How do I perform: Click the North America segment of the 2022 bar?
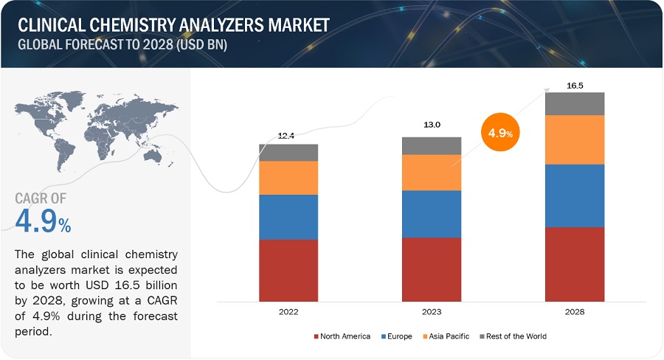pyautogui.click(x=288, y=271)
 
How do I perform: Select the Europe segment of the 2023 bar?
pyautogui.click(x=432, y=214)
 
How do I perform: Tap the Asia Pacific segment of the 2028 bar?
pyautogui.click(x=575, y=139)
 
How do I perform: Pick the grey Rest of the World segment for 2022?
pyautogui.click(x=288, y=153)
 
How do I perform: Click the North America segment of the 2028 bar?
pyautogui.click(x=575, y=264)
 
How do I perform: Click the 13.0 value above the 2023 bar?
pyautogui.click(x=432, y=125)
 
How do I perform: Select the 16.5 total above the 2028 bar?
pyautogui.click(x=575, y=86)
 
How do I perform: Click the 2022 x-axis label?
pyautogui.click(x=288, y=312)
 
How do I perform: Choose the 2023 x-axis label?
pyautogui.click(x=432, y=312)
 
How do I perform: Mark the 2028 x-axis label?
pyautogui.click(x=575, y=312)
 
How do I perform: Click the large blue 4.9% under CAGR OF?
pyautogui.click(x=44, y=222)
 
